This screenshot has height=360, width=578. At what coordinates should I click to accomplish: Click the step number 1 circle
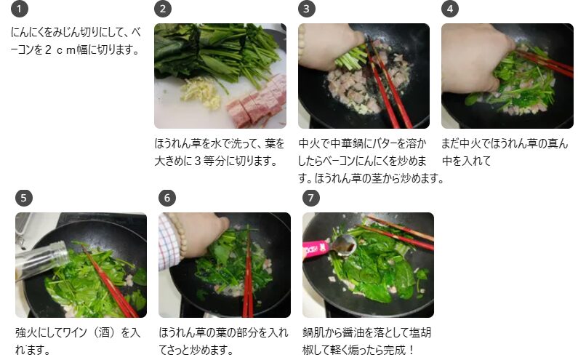20,9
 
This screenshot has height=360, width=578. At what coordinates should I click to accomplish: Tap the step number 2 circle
163,9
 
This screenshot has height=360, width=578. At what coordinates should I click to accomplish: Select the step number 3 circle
307,9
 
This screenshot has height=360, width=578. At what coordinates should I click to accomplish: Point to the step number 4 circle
450,9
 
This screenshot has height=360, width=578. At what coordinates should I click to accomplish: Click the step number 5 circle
24,198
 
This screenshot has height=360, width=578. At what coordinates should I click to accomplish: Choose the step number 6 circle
167,198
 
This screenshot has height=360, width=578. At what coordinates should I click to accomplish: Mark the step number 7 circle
311,198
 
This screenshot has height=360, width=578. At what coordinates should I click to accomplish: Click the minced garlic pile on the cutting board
201,94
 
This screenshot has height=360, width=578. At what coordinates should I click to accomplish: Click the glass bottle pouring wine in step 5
41,260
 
